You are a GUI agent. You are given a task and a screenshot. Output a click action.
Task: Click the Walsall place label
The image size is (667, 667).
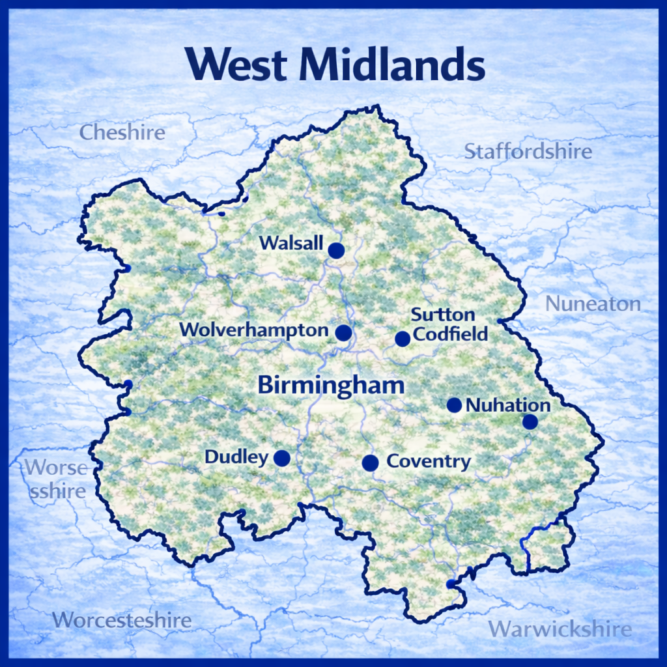[x=291, y=243]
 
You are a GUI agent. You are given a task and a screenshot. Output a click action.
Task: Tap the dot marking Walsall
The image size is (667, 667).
[x=336, y=251]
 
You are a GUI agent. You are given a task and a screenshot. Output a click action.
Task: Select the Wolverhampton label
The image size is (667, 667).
[x=254, y=330]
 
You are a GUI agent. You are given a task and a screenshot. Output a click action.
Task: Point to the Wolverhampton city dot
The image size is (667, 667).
[x=343, y=333]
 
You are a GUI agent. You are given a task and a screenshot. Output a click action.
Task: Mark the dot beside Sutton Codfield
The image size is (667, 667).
[x=403, y=339]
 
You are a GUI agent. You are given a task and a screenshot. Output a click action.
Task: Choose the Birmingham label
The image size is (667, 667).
[x=331, y=384]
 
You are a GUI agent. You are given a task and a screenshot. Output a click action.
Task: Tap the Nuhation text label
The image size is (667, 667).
[x=508, y=405]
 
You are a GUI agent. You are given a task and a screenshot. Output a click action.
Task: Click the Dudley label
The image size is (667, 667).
[x=236, y=457]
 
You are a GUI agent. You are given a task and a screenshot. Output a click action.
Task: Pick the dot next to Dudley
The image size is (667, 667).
[x=281, y=459]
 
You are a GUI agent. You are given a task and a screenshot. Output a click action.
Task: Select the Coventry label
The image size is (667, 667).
[x=429, y=462]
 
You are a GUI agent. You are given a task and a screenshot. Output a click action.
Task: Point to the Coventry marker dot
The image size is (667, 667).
[x=370, y=463]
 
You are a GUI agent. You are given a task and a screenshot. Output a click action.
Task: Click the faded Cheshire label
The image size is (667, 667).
[x=122, y=133]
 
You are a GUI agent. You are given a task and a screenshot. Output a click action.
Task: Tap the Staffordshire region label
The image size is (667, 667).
[x=528, y=152]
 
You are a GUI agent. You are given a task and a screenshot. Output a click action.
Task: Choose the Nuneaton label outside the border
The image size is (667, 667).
[x=593, y=304]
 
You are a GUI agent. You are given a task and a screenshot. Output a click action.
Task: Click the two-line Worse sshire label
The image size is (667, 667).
[x=57, y=479]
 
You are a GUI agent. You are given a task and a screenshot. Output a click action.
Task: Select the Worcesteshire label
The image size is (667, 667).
[x=122, y=620]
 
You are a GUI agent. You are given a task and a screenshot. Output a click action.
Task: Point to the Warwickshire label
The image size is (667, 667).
[x=560, y=629]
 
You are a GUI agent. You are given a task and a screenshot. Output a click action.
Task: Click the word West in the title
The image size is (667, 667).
[x=236, y=65]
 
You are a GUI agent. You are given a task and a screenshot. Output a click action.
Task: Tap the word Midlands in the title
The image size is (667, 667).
[x=392, y=65]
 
